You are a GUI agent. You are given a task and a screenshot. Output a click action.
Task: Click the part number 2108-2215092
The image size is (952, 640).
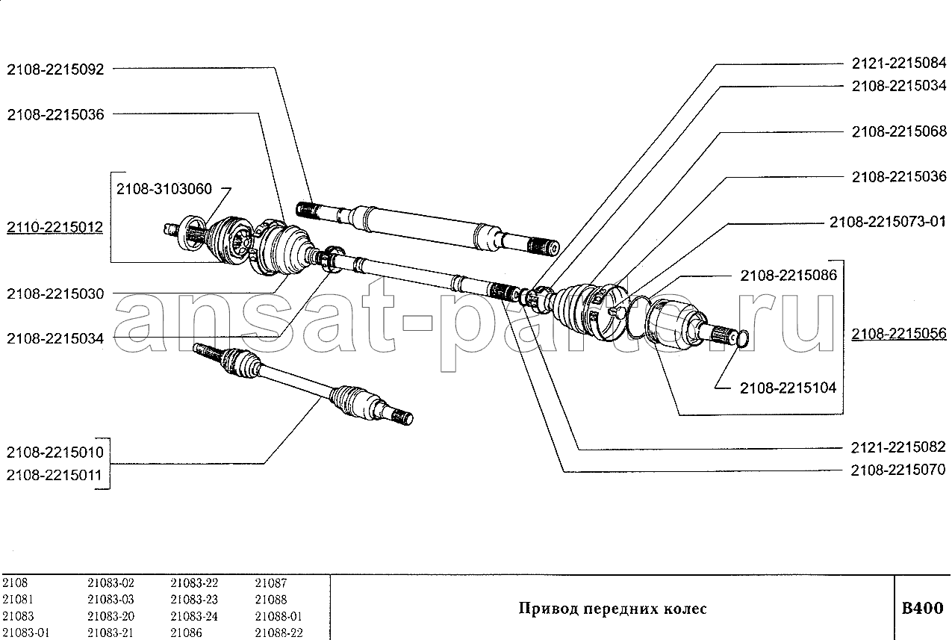[55, 69]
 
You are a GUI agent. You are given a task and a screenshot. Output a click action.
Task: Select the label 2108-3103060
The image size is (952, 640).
[164, 190]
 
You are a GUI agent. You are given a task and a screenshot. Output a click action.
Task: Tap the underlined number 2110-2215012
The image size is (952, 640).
[55, 226]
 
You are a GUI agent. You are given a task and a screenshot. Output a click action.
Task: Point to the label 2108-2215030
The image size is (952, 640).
[55, 293]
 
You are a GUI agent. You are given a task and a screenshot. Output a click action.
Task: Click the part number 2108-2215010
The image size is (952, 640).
[55, 453]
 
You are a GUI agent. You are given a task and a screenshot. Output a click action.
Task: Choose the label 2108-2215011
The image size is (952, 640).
[55, 475]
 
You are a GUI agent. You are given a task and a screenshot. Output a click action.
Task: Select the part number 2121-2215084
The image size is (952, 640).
[899, 63]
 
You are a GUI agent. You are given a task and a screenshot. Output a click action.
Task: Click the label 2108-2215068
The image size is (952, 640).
[899, 131]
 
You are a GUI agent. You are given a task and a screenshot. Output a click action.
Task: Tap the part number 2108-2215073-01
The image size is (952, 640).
[887, 222]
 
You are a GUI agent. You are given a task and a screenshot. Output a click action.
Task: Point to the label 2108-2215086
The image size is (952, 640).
[788, 276]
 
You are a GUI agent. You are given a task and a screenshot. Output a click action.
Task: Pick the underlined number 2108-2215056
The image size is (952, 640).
[899, 334]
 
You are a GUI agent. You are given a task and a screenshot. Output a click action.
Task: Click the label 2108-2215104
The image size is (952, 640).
[788, 388]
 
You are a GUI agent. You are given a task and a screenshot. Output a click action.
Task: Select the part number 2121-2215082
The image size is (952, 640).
[899, 447]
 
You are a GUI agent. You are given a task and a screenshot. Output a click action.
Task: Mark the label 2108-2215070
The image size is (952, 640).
[899, 470]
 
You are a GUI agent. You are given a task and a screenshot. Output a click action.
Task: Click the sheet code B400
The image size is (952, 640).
[922, 608]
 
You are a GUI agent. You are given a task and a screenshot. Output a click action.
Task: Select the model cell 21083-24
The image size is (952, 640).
[194, 616]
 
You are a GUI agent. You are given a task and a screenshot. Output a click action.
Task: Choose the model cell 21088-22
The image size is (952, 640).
[279, 633]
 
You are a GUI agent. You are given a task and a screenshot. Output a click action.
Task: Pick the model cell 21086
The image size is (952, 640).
[185, 633]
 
